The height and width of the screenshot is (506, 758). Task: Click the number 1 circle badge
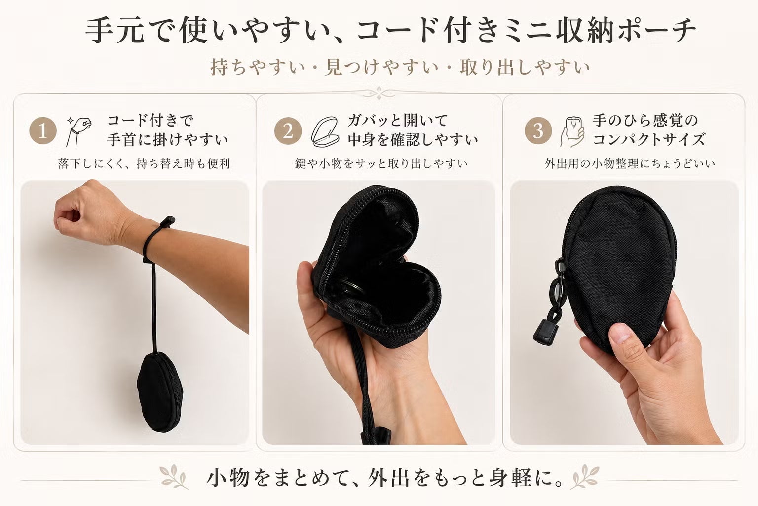click(x=43, y=130)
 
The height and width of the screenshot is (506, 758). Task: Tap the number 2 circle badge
click(x=288, y=130)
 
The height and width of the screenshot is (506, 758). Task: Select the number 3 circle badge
click(x=538, y=130)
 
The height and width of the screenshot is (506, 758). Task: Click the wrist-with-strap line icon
click(x=78, y=131)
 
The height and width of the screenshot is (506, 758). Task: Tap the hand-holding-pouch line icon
click(x=572, y=132)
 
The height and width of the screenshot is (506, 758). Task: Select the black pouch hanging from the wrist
click(x=160, y=392)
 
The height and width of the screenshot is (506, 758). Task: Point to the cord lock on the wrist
click(x=167, y=221)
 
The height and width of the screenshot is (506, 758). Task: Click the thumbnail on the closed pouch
click(x=620, y=334)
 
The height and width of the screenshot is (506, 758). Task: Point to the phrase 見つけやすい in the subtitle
click(x=381, y=67)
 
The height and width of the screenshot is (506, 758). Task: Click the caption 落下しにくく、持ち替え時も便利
click(x=144, y=164)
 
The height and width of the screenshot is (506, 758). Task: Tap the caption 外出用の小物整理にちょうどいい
click(x=630, y=164)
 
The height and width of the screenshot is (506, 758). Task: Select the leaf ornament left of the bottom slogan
click(x=174, y=477)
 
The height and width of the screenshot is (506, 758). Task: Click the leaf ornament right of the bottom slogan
click(x=584, y=477)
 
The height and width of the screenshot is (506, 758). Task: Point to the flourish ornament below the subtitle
click(x=379, y=93)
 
